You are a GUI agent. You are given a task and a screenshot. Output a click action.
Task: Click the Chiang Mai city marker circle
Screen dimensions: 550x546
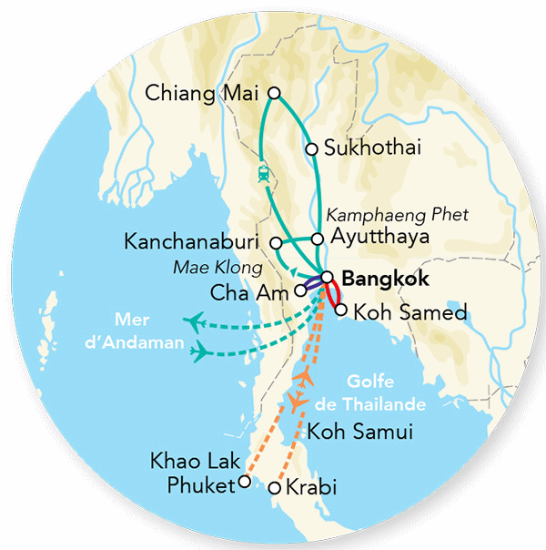274,93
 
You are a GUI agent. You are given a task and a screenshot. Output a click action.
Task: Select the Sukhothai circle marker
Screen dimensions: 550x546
312,148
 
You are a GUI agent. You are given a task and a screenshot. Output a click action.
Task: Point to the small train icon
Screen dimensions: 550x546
263,172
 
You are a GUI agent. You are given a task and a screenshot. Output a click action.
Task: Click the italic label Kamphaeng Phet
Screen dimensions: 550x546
396,216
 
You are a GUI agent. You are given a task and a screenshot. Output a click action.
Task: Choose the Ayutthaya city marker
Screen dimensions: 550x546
318,239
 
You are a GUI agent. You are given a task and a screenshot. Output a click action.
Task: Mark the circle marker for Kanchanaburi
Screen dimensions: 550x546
276,242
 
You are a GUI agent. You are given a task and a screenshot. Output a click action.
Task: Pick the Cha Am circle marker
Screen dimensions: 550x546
300,292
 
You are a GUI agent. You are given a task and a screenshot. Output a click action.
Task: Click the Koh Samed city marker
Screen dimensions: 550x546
340,311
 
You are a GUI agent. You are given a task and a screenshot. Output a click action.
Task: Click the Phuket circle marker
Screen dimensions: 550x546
243,484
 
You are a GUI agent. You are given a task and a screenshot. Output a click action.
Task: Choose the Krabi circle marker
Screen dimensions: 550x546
275,489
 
